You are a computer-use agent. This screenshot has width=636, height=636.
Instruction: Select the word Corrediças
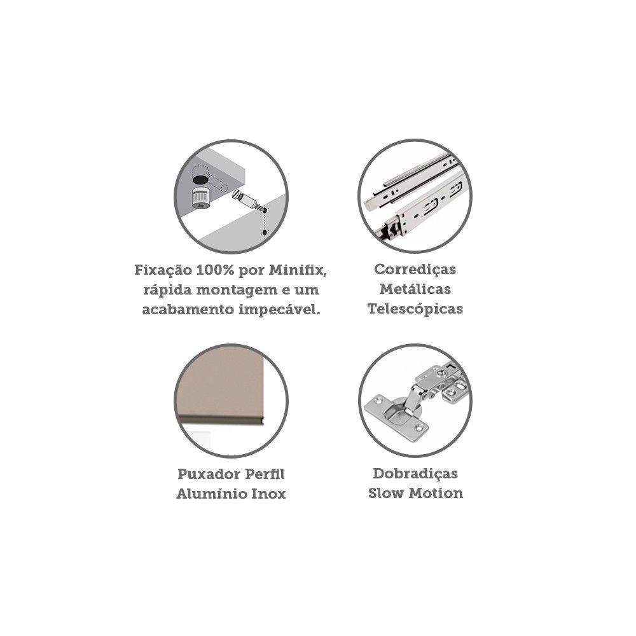click(x=415, y=270)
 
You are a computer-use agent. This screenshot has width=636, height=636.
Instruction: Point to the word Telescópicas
click(x=415, y=309)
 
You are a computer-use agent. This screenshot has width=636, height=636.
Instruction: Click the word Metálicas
click(x=415, y=289)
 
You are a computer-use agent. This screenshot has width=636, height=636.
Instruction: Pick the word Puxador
click(x=205, y=474)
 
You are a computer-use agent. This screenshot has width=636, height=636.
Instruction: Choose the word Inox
click(x=269, y=494)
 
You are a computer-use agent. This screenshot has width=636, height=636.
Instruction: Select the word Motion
click(x=436, y=494)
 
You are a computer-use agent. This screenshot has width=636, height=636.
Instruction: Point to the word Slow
click(x=386, y=494)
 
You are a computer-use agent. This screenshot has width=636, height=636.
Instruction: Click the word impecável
click(x=279, y=310)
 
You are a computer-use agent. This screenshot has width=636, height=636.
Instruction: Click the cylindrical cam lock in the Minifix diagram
click(x=201, y=198)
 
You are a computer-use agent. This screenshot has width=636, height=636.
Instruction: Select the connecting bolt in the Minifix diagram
click(x=247, y=200)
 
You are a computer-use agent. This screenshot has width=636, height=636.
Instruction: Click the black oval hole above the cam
click(x=200, y=179)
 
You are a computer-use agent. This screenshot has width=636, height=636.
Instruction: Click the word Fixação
click(x=163, y=270)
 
